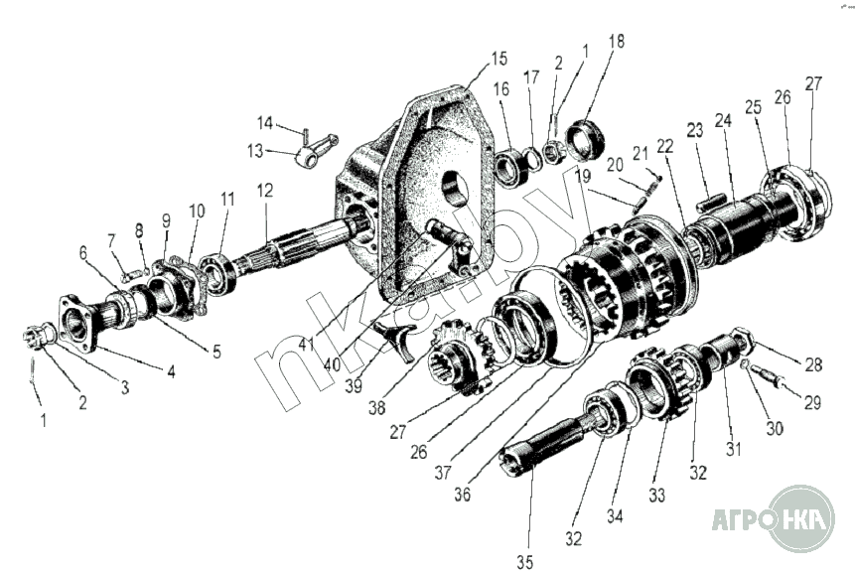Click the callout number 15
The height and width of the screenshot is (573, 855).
pos(499,59)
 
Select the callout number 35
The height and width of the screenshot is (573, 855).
pos(524,562)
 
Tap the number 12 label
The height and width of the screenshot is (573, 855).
pos(265,191)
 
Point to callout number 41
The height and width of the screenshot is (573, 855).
pos(307,344)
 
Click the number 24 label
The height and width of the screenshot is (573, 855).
pos(724,120)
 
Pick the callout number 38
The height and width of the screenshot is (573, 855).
pos(376,407)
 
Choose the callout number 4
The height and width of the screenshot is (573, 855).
pos(171,371)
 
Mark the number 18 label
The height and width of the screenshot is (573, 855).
pos(617,41)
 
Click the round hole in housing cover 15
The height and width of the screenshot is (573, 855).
pos(456,188)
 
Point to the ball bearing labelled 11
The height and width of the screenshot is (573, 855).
pos(218,273)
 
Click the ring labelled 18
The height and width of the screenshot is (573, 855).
pos(586,141)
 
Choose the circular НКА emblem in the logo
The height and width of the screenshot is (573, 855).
pos(801,519)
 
